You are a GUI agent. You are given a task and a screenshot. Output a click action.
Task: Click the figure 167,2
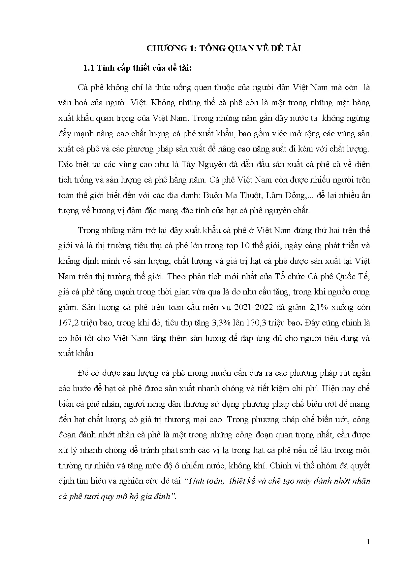pyautogui.click(x=68, y=323)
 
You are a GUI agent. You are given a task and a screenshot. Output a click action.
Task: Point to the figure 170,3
pyautogui.click(x=257, y=323)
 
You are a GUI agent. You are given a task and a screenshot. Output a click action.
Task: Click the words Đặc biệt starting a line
pyautogui.click(x=72, y=164)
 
